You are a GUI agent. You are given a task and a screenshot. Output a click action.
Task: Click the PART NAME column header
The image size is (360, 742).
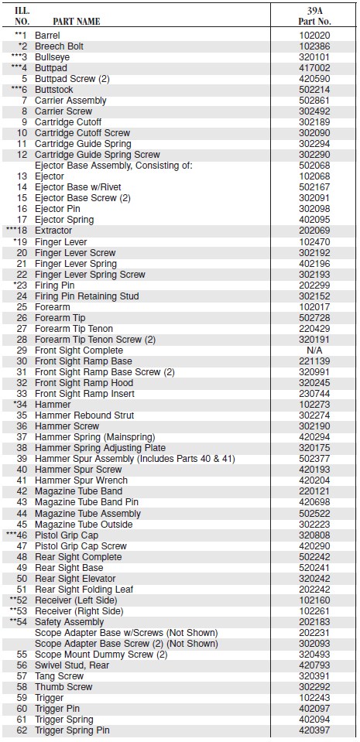pyautogui.click(x=77, y=22)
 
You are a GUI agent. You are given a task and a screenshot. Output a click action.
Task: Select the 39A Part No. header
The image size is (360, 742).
pyautogui.click(x=314, y=15)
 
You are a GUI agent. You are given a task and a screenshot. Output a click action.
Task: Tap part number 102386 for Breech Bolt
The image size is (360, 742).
pyautogui.click(x=314, y=46)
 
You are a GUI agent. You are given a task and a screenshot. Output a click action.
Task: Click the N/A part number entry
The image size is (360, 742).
pyautogui.click(x=314, y=350)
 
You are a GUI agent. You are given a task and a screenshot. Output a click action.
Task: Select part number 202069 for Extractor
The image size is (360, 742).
pyautogui.click(x=314, y=231)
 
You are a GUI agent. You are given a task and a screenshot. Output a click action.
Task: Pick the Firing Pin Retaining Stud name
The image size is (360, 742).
pyautogui.click(x=87, y=296)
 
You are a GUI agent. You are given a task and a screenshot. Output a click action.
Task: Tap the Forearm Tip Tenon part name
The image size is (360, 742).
pyautogui.click(x=74, y=329)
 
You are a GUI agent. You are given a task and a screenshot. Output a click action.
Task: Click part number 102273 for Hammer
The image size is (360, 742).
pyautogui.click(x=314, y=405)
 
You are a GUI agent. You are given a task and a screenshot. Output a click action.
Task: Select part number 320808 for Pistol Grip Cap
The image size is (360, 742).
pyautogui.click(x=314, y=535)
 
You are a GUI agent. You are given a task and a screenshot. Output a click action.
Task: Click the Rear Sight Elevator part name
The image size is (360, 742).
pyautogui.click(x=75, y=579)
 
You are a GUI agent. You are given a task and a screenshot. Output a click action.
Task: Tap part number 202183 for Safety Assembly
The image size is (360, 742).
pyautogui.click(x=314, y=622)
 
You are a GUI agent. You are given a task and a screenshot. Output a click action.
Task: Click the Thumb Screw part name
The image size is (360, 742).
pyautogui.click(x=64, y=687)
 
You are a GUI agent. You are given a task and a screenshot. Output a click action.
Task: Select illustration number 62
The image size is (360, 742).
pyautogui.click(x=22, y=730)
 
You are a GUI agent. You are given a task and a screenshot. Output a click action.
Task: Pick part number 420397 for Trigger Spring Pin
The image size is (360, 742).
pyautogui.click(x=314, y=730)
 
